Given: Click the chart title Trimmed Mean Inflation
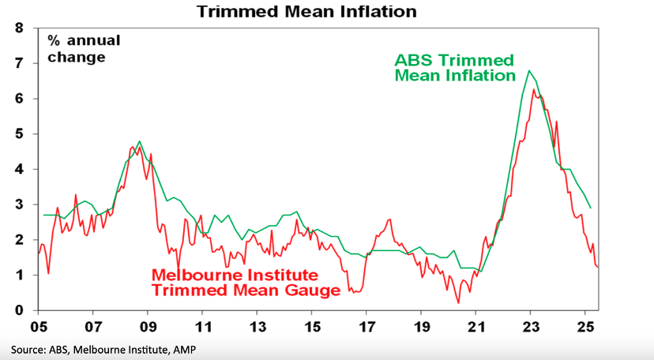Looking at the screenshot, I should (306, 12).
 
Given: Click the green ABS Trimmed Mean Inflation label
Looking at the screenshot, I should (454, 68).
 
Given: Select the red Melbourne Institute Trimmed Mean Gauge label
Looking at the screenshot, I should (246, 283).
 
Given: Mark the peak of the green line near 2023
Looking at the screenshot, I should (529, 71).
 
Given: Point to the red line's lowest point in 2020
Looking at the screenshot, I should (458, 302).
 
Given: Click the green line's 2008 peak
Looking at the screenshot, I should (139, 141).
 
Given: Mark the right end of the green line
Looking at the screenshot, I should (591, 208).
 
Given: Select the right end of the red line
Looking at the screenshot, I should (598, 267).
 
